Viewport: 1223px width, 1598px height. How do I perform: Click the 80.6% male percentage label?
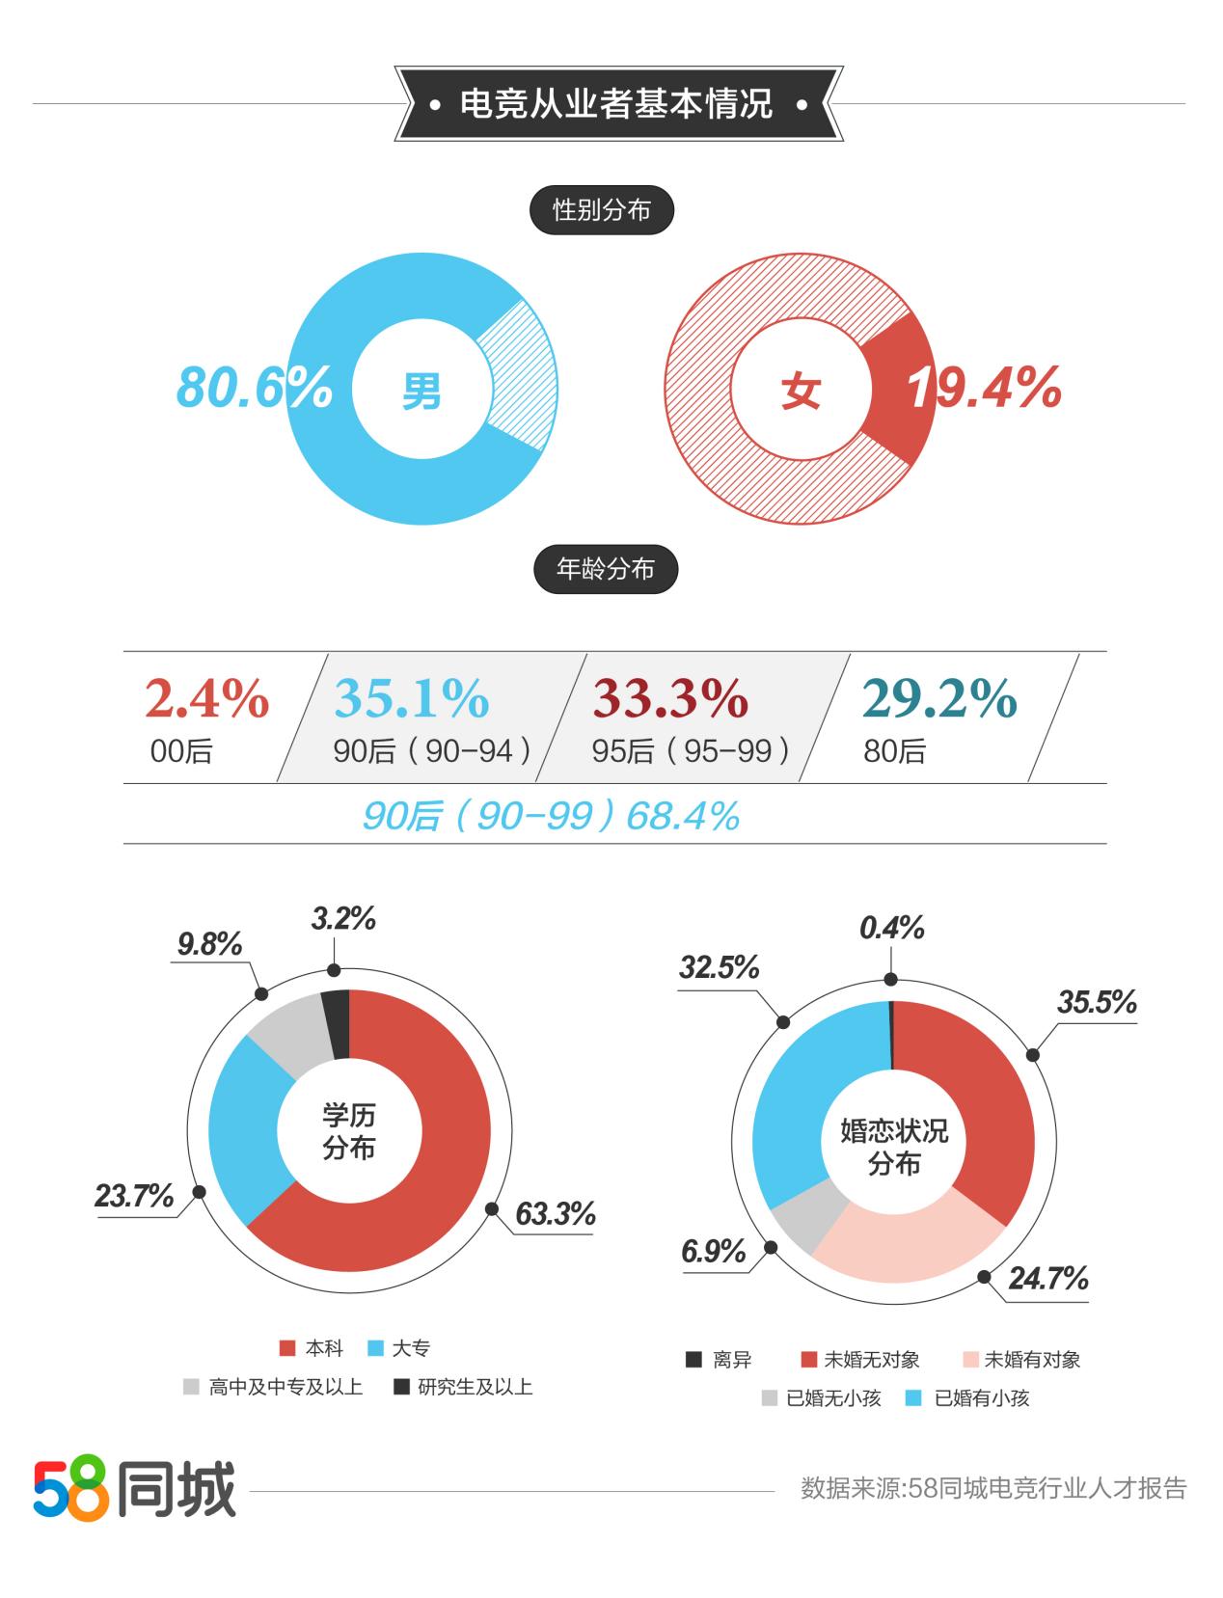[254, 388]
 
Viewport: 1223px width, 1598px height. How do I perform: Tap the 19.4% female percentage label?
[984, 388]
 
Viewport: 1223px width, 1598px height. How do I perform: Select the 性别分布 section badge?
[601, 210]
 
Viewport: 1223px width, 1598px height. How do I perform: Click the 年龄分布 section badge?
[606, 570]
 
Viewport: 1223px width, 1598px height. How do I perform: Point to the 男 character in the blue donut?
[421, 390]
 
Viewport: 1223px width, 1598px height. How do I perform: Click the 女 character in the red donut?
[801, 391]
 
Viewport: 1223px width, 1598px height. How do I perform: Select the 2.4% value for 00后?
[206, 698]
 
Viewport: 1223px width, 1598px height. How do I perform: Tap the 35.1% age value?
[412, 698]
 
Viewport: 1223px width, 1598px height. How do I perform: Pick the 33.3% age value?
[670, 698]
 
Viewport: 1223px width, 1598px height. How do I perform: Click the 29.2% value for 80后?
[939, 698]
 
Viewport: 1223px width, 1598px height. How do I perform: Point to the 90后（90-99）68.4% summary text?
[551, 816]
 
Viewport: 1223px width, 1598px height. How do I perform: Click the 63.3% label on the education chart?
[555, 1214]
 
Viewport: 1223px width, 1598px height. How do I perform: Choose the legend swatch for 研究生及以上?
[401, 1387]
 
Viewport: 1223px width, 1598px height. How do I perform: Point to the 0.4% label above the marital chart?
[892, 929]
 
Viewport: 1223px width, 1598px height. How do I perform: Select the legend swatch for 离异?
[693, 1360]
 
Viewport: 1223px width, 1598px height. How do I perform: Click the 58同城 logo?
[135, 1490]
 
